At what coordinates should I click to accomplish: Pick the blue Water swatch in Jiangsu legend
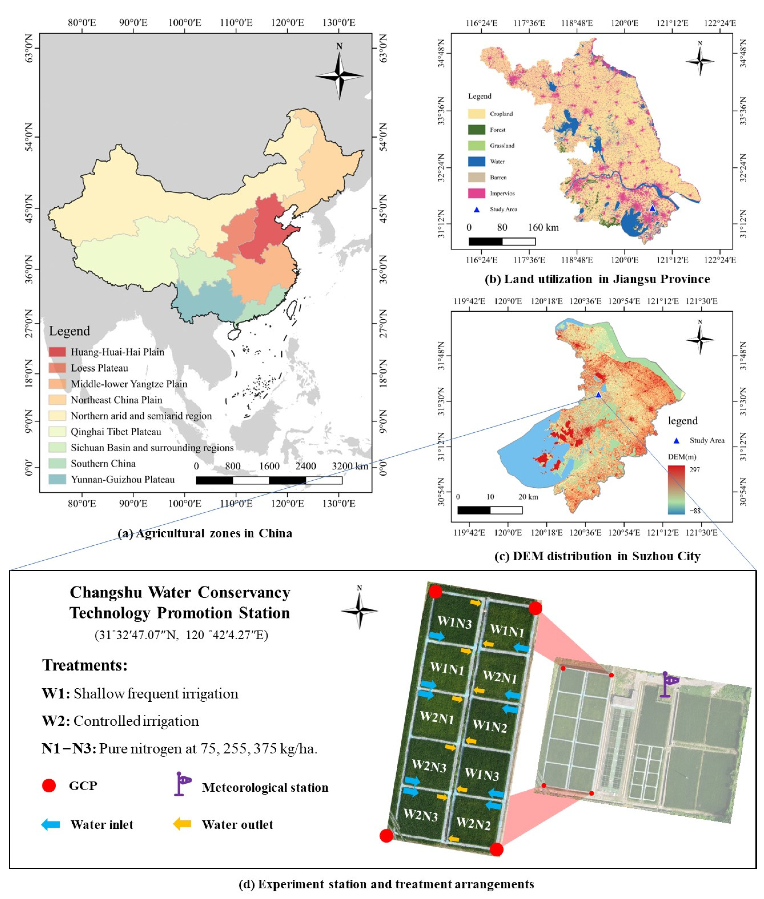point(476,161)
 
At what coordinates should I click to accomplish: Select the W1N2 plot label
point(490,726)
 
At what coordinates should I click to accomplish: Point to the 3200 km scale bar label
point(350,466)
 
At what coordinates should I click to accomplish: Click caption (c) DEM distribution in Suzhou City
point(597,556)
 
